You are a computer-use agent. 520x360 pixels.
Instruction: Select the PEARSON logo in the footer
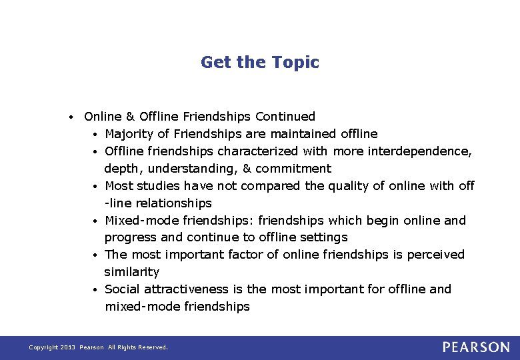475,347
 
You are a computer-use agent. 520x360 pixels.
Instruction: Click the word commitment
293,169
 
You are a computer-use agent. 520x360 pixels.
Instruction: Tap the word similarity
131,272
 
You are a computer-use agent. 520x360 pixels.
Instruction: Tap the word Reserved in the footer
153,347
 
